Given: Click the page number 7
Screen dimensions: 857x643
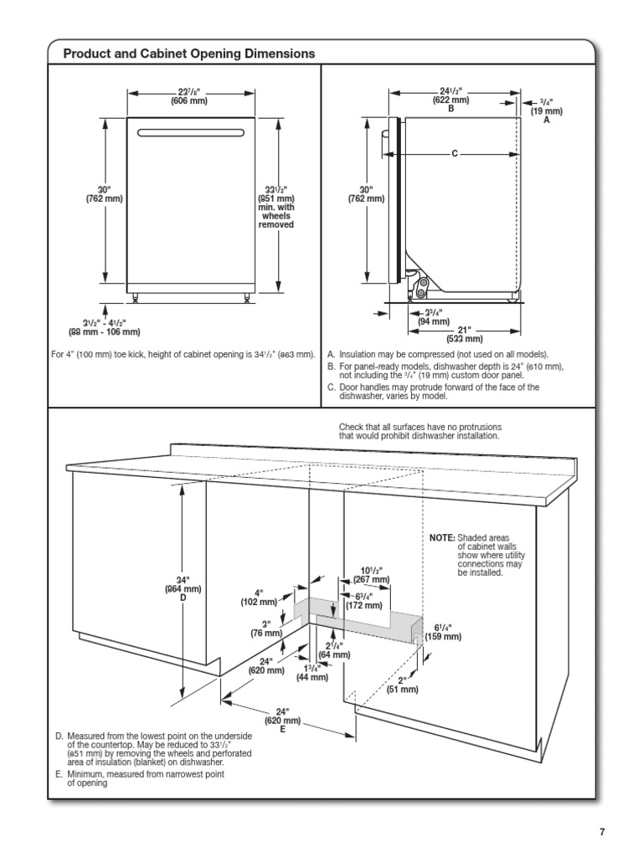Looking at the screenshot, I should coord(601,831).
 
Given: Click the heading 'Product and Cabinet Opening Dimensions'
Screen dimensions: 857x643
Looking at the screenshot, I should coord(189,54).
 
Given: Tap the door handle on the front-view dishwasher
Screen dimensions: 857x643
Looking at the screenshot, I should coord(191,131).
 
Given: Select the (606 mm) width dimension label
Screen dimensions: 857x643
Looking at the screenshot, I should coord(189,101).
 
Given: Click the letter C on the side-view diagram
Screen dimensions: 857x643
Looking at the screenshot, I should coord(454,153).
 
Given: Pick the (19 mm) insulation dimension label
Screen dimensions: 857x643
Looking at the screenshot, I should coord(546,110).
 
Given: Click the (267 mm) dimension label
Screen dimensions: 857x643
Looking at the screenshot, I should coord(372,579).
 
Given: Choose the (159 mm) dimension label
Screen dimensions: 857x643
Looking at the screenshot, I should coord(443,637).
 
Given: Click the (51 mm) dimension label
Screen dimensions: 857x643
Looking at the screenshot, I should coord(402,690).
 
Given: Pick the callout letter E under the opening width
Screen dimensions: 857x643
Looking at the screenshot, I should coord(283,730).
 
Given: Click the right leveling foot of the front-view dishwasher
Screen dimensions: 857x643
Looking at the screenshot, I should coord(246,295).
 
